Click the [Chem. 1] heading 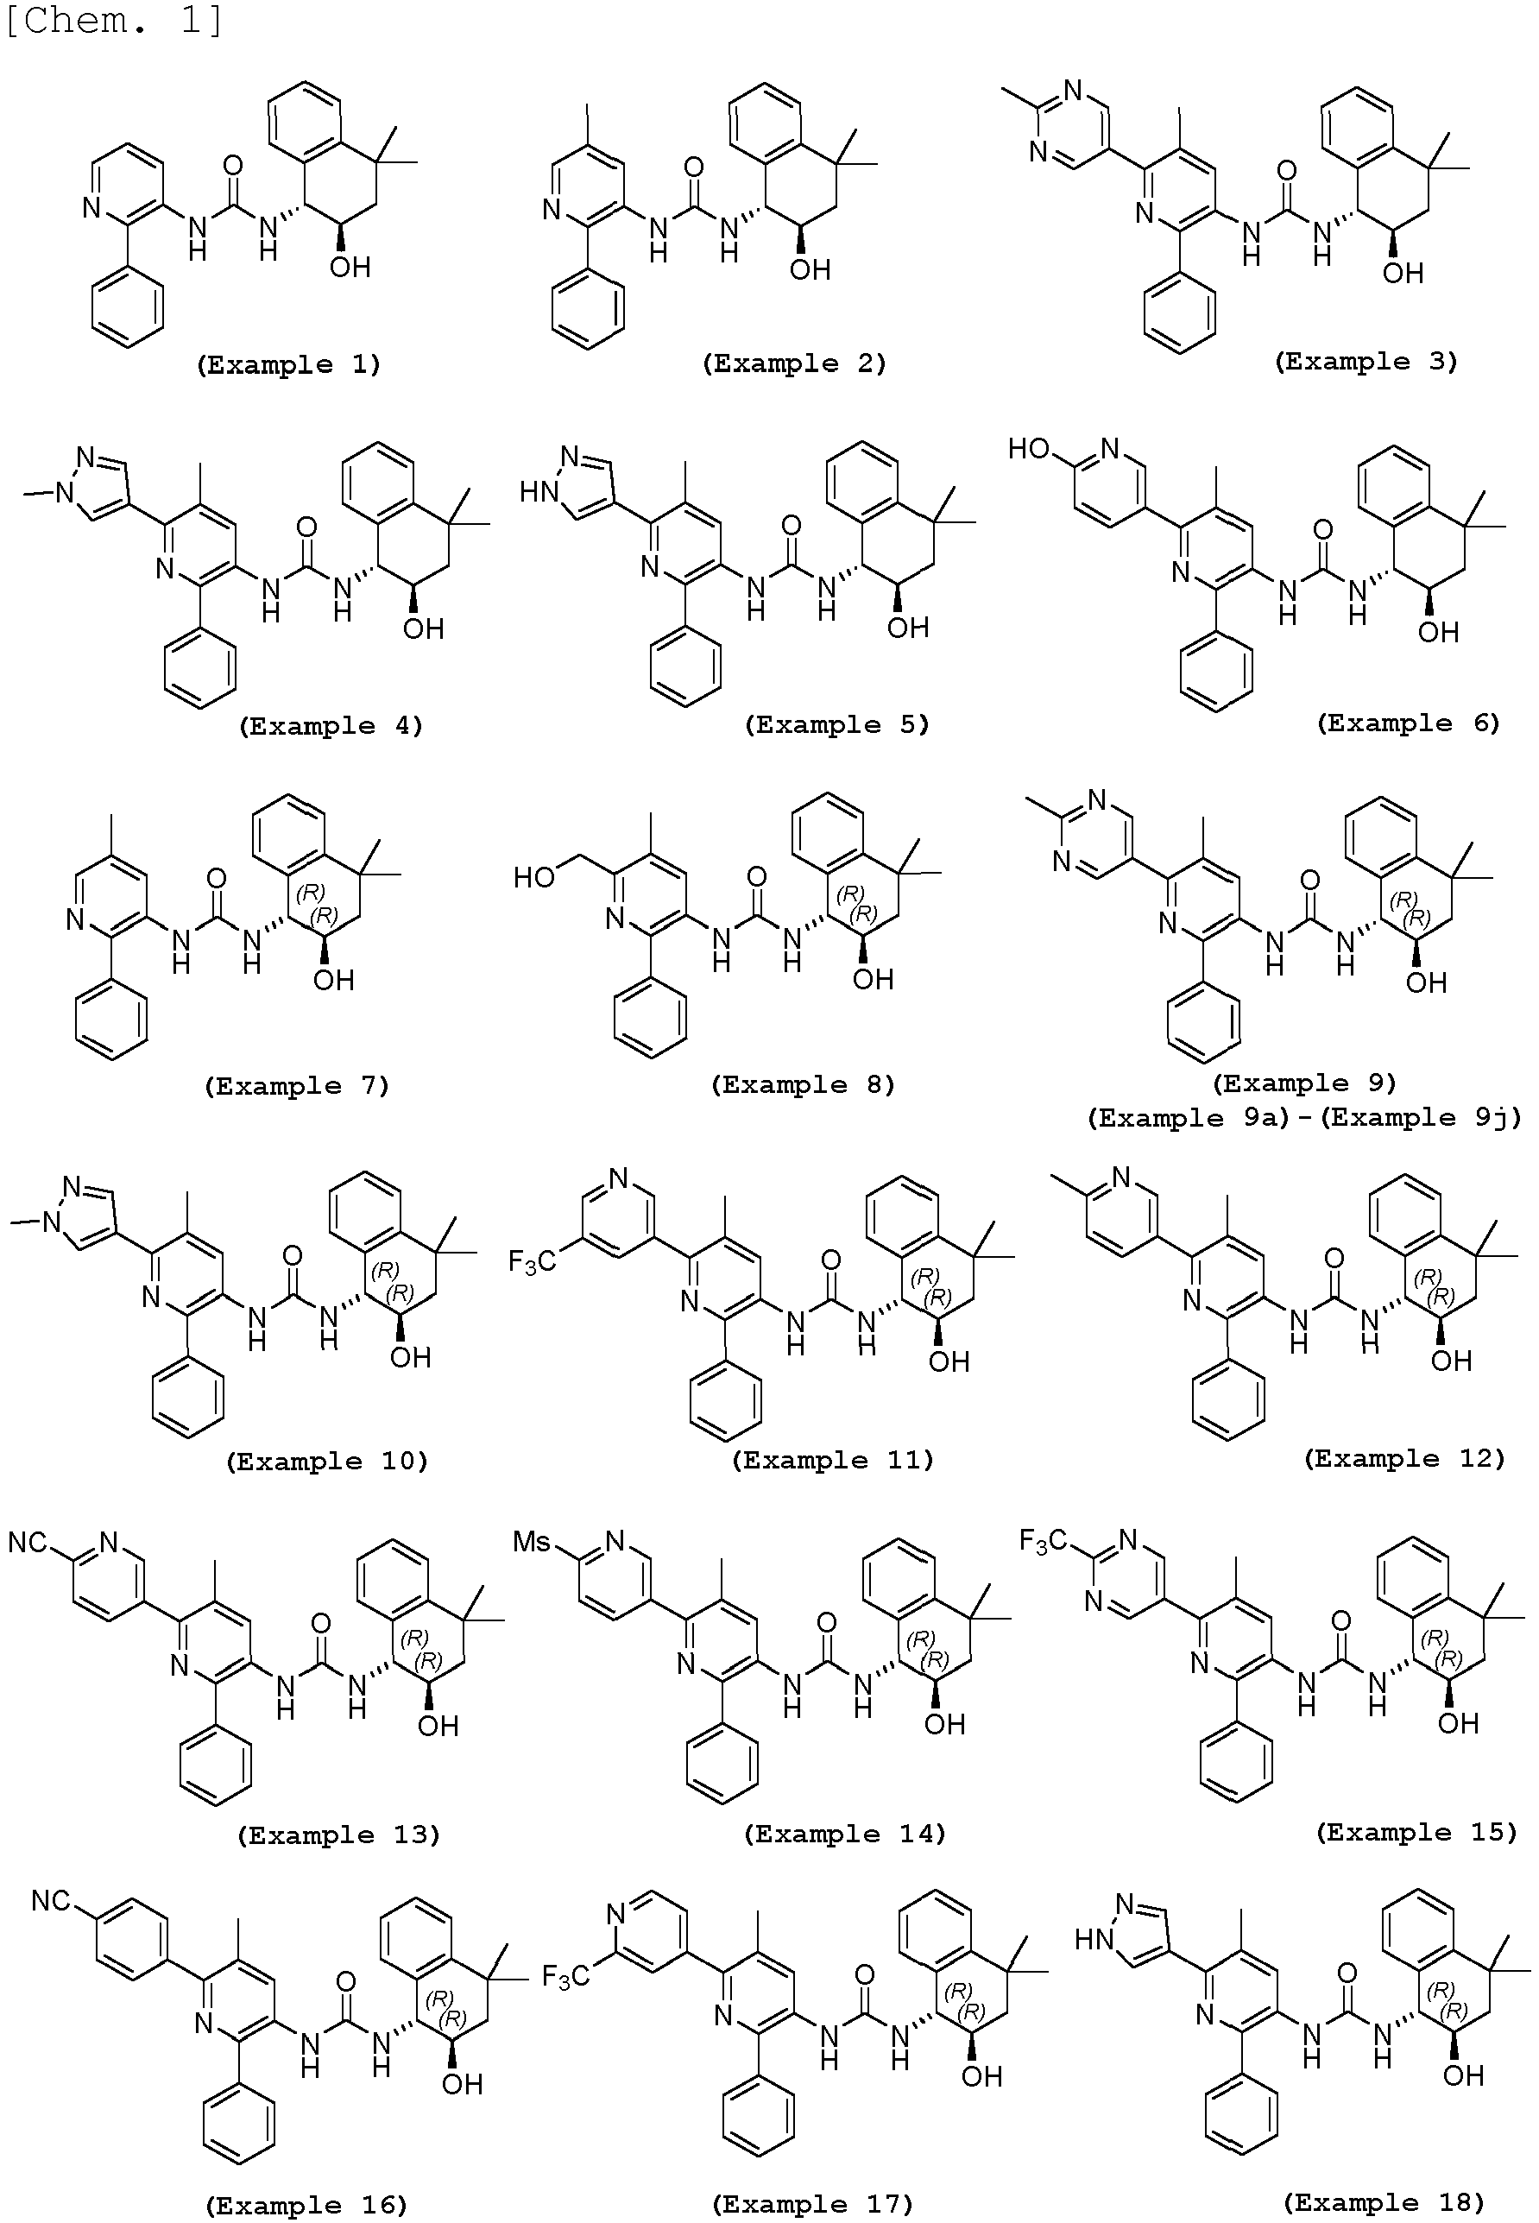115,20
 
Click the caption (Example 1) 288,364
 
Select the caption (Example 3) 1366,362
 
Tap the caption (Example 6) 1408,723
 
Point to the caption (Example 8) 802,1085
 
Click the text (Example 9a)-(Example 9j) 1303,1118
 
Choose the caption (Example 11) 832,1460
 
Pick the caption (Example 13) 337,1835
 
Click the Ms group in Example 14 533,1541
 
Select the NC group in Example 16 51,1901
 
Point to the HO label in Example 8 533,876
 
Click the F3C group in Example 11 533,1261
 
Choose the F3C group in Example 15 1044,1542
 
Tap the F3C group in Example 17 566,1978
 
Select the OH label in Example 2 810,270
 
